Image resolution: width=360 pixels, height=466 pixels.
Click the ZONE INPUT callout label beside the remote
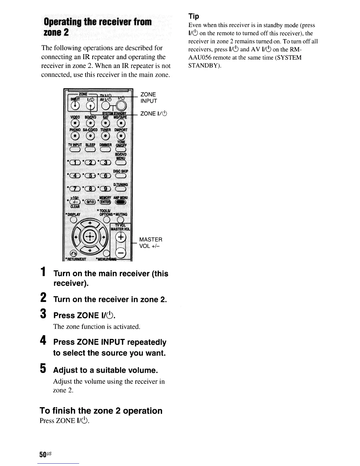pos(149,98)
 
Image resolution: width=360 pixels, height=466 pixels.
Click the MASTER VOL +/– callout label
pos(151,243)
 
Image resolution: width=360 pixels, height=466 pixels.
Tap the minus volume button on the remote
pos(121,252)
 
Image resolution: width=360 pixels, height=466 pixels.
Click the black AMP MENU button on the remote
pos(121,202)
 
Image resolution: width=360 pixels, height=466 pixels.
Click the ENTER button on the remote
pos(105,202)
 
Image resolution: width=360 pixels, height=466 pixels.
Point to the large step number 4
pos(43,341)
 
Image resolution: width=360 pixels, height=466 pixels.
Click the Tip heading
pos(194,16)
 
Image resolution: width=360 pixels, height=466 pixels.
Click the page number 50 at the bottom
pos(42,455)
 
